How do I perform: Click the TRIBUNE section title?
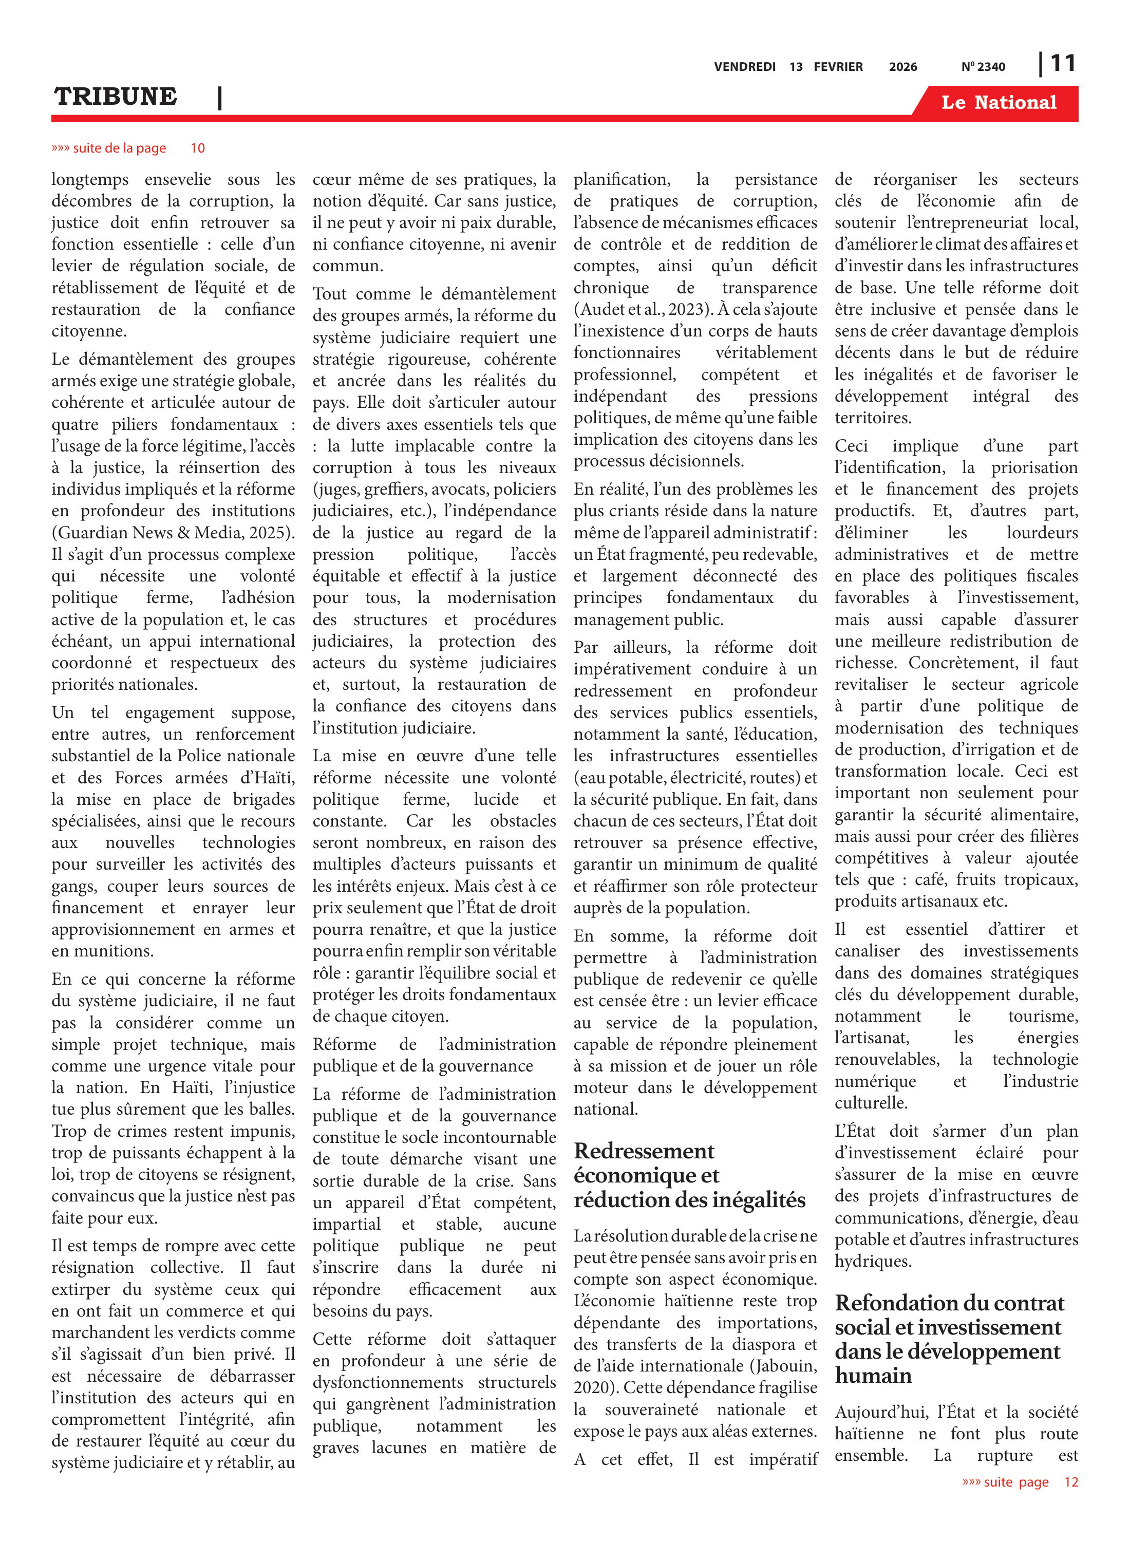[116, 97]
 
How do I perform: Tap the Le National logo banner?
[998, 103]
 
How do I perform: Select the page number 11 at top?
[1062, 64]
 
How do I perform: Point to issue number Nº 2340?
[983, 67]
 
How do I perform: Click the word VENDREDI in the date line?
[744, 67]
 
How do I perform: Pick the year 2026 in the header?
[902, 67]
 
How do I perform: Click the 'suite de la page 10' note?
[128, 148]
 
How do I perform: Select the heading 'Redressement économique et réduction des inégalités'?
[689, 1175]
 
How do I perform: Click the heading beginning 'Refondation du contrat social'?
[949, 1339]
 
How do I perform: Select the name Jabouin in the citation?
[785, 1366]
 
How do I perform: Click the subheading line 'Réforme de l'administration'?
[434, 1044]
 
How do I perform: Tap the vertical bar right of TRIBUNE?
[219, 98]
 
